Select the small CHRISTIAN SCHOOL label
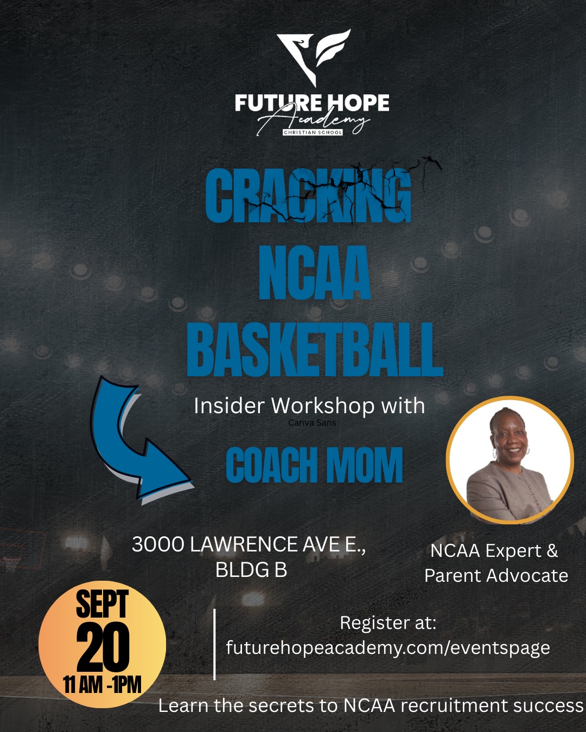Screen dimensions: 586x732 point(313,132)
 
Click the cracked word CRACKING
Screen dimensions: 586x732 point(309,195)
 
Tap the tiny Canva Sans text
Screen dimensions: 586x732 point(312,423)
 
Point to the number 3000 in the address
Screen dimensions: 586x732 point(158,544)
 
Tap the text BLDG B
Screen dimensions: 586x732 point(251,569)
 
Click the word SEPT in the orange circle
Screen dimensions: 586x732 point(102,604)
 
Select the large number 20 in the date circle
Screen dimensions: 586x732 point(103,647)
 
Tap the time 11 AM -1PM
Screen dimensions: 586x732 point(102,684)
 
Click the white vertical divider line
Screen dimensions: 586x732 point(214,644)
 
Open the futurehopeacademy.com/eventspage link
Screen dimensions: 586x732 point(388,647)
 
